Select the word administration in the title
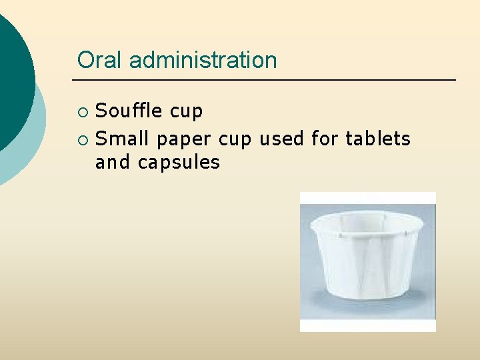click(203, 60)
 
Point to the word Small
click(123, 139)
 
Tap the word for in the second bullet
click(325, 139)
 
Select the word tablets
click(378, 139)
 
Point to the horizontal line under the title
click(267, 80)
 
